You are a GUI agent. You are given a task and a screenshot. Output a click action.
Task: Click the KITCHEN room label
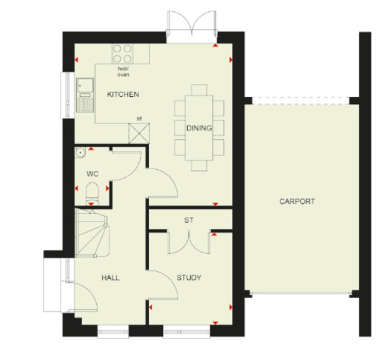pyautogui.click(x=123, y=94)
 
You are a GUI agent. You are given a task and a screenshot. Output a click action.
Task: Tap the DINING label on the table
pyautogui.click(x=199, y=128)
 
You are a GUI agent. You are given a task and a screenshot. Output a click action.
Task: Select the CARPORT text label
pyautogui.click(x=297, y=201)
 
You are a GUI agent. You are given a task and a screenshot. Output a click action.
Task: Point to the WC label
pyautogui.click(x=92, y=174)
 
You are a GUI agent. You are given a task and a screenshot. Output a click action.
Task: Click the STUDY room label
pyautogui.click(x=189, y=277)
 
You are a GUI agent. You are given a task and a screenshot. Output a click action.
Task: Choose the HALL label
pyautogui.click(x=111, y=277)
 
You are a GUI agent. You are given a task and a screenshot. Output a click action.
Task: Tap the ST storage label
pyautogui.click(x=189, y=220)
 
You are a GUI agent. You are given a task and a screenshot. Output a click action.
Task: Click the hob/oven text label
pyautogui.click(x=124, y=72)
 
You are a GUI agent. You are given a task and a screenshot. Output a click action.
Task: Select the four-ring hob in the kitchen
pyautogui.click(x=122, y=53)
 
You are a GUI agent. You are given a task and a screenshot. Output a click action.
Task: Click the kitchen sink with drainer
pyautogui.click(x=85, y=95)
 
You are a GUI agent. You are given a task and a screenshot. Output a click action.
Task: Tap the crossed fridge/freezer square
pyautogui.click(x=139, y=133)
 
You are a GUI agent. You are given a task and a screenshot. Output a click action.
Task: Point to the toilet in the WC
pyautogui.click(x=92, y=194)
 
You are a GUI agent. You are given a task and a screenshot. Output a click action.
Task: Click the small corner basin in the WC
pyautogui.click(x=80, y=152)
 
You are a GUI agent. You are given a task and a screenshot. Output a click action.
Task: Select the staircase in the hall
pyautogui.click(x=92, y=233)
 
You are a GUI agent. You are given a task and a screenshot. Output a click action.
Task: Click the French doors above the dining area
pyautogui.click(x=192, y=24)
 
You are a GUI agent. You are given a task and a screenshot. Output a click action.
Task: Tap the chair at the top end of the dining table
pyautogui.click(x=199, y=90)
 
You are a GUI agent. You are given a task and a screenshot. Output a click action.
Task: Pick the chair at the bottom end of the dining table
pyautogui.click(x=199, y=166)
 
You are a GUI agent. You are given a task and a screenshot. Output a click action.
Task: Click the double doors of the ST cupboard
pyautogui.click(x=189, y=242)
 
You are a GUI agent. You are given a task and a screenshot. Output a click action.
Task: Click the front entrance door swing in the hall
pyautogui.click(x=83, y=297)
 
